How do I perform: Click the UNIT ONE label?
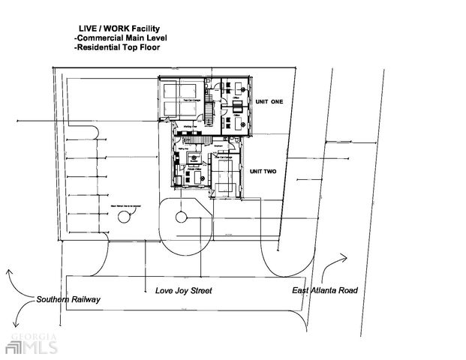click(x=270, y=102)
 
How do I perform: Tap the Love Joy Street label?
click(x=184, y=289)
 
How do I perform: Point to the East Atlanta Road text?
click(x=325, y=289)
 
